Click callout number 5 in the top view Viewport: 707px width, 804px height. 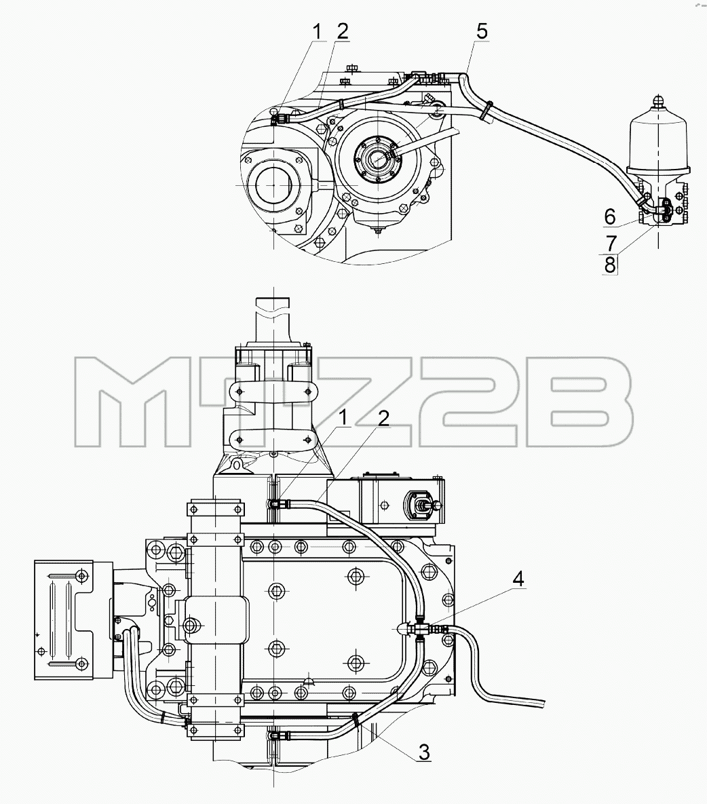coord(482,31)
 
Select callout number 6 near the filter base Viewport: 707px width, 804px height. coord(609,217)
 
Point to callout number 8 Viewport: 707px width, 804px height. coord(609,265)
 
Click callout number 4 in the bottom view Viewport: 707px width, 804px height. coord(518,579)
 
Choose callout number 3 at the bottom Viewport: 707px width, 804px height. coord(423,752)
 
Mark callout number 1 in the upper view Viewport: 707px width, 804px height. coord(318,31)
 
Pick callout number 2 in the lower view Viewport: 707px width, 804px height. coord(383,419)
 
